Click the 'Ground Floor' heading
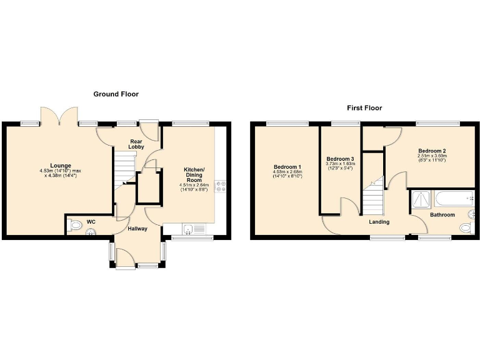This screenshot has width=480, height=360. click(116, 94)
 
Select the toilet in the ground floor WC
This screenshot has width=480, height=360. click(75, 225)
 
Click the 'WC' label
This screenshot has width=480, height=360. click(91, 221)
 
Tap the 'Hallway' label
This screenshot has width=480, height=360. click(137, 229)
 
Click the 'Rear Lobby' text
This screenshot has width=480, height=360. click(136, 144)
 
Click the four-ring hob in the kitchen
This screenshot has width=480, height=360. click(220, 186)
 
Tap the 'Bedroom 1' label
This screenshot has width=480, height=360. click(287, 167)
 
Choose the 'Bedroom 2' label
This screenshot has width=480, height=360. click(432, 151)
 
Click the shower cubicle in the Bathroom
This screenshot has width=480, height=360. click(420, 199)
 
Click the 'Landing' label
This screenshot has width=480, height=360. click(379, 222)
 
